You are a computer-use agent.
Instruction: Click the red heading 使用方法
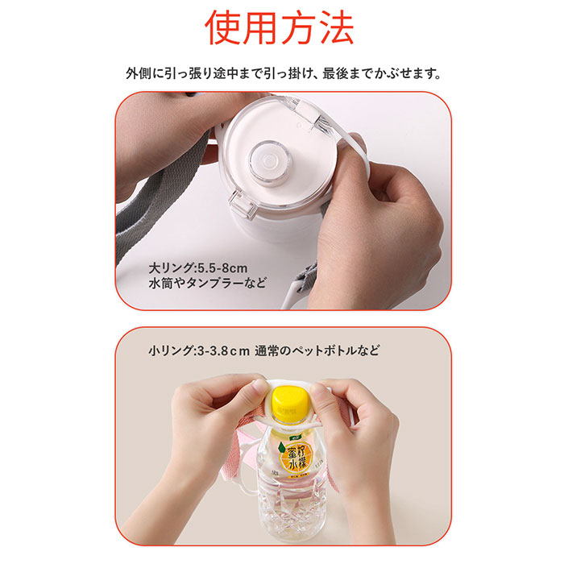point(280,29)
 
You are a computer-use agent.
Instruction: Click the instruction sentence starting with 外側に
point(282,74)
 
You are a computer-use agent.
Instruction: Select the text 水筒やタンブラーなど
point(208,284)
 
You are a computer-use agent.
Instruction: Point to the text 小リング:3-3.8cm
point(197,351)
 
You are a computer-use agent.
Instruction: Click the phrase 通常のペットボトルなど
point(317,351)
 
